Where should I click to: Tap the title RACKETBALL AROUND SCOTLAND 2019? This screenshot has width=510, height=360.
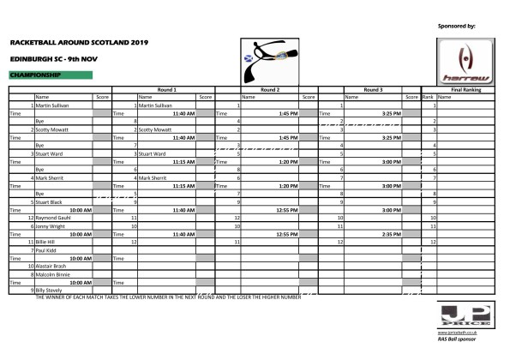[x=79, y=41]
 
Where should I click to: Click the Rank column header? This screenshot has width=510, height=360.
[x=429, y=97]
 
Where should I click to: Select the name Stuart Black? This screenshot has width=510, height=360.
[x=49, y=201]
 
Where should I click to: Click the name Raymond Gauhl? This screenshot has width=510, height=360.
[x=52, y=219]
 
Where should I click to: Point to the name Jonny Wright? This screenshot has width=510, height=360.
[x=49, y=225]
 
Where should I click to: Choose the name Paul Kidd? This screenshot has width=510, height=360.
[x=45, y=249]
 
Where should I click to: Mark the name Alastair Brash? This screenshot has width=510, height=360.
[x=50, y=267]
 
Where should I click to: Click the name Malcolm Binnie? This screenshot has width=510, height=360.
[x=51, y=273]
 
